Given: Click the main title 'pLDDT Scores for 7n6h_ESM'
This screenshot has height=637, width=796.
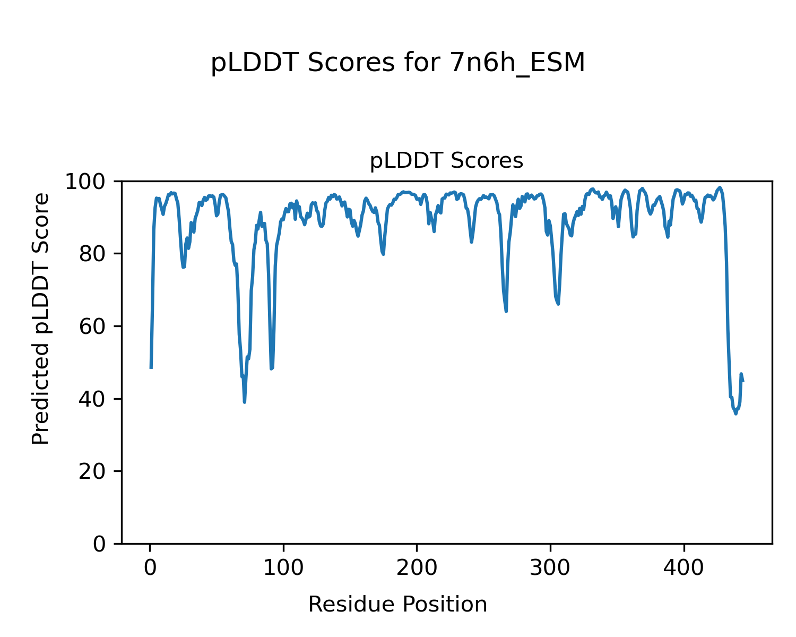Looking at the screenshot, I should [x=397, y=63].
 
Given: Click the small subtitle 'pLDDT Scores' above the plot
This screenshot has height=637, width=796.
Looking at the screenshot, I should [x=446, y=161].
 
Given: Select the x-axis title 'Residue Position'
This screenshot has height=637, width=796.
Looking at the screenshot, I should [x=397, y=605].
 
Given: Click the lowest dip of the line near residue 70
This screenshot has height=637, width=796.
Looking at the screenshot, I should [x=245, y=402].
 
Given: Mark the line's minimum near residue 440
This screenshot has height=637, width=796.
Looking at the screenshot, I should [x=736, y=413].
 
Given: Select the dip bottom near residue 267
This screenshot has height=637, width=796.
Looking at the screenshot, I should [x=506, y=311].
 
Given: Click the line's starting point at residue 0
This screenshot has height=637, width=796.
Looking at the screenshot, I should [x=151, y=367].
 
